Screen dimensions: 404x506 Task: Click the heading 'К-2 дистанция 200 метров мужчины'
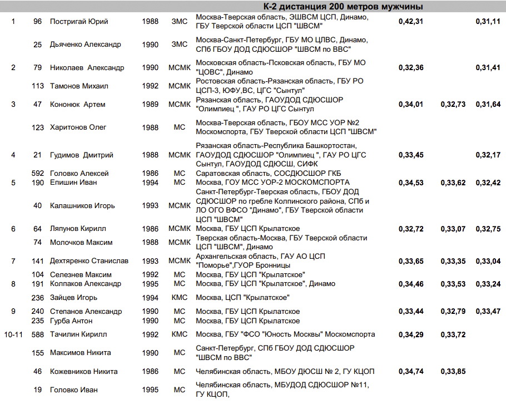(x=343, y=7)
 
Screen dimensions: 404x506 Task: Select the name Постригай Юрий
(x=79, y=22)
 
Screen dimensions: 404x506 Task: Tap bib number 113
(x=38, y=86)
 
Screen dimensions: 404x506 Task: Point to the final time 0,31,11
(x=488, y=22)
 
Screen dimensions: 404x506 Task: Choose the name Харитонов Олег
(x=78, y=127)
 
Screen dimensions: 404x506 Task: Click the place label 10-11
(x=14, y=334)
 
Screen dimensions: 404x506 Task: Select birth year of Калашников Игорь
(x=150, y=206)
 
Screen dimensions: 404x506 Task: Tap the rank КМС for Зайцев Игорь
(x=180, y=297)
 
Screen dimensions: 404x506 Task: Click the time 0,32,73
(x=453, y=105)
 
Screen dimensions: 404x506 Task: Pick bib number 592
(x=38, y=174)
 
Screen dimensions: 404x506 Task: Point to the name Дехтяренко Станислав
(x=89, y=261)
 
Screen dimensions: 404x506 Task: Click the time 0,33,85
(x=453, y=372)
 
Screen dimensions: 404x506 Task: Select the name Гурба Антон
(x=71, y=321)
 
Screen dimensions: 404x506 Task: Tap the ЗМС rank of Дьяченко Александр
(x=180, y=45)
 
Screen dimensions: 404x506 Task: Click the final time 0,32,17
(x=488, y=155)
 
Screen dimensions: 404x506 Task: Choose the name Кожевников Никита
(x=83, y=372)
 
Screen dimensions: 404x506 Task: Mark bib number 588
(x=38, y=334)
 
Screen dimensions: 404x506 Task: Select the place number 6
(x=13, y=229)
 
